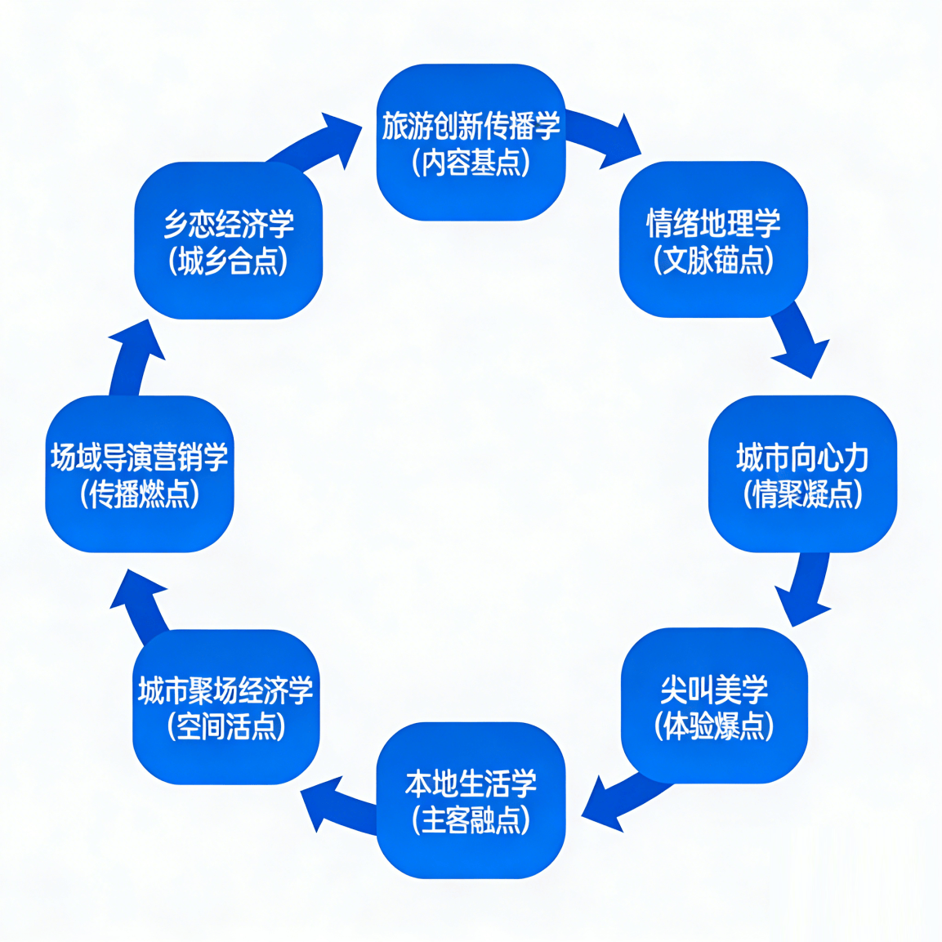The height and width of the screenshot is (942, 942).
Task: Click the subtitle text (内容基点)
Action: [x=471, y=163]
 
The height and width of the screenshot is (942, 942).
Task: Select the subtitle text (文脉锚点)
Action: [x=713, y=261]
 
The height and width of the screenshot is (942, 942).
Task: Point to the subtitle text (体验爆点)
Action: [x=714, y=725]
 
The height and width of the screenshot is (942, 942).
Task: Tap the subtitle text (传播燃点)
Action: [x=139, y=493]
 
